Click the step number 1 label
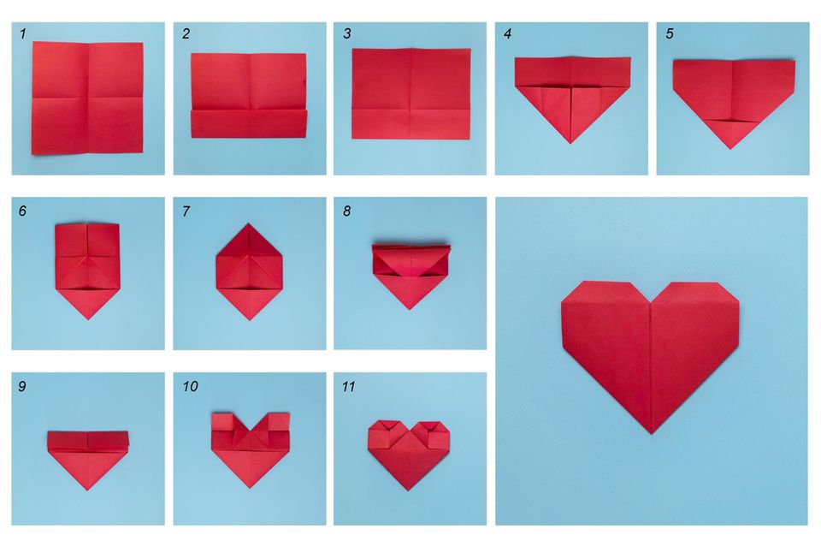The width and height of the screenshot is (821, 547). point(21,33)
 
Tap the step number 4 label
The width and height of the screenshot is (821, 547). point(508,34)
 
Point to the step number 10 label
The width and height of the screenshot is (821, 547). point(190,387)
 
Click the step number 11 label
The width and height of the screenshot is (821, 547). point(349,387)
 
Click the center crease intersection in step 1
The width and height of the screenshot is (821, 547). point(88,98)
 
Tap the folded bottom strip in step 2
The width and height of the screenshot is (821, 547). point(249,124)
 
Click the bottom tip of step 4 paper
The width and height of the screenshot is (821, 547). point(570,143)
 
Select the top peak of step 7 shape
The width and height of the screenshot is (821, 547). point(248,224)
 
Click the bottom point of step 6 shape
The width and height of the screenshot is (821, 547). point(86,319)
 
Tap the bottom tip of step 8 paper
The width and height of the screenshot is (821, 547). point(410,309)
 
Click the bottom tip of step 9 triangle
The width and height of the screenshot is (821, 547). point(88,489)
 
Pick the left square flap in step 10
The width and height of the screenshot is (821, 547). point(222,423)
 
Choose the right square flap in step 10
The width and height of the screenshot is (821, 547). point(277,423)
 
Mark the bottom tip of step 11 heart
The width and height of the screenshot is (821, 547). point(409,490)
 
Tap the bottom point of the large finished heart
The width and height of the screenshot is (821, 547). point(650,433)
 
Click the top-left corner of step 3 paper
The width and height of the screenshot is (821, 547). point(352,50)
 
